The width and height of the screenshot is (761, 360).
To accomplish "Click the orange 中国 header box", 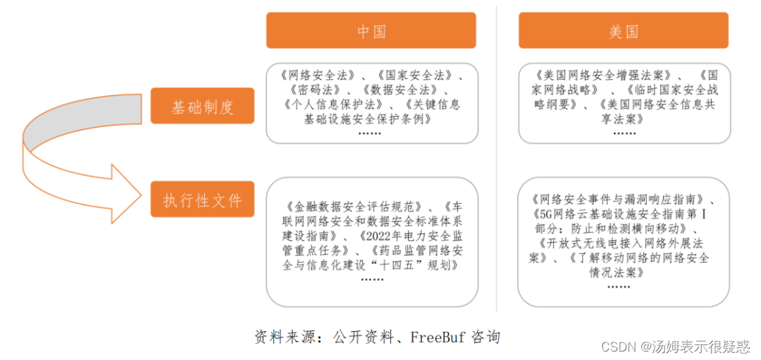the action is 371,31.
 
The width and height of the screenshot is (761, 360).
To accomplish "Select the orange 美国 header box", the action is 624,31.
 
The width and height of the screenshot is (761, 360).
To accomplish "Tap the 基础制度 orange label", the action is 202,106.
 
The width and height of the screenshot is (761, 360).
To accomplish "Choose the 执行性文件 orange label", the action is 202,200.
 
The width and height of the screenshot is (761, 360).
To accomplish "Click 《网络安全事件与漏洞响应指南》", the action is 621,200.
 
